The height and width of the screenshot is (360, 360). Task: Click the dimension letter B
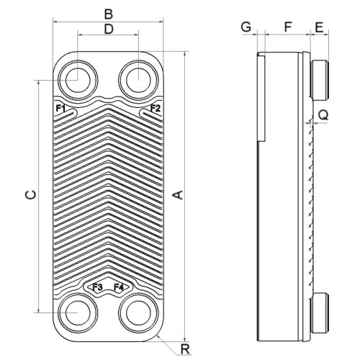coord(109,14)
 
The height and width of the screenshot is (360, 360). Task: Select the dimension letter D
coord(109,30)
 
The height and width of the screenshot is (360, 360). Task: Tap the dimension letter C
coord(31,195)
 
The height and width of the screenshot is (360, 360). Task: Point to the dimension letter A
coord(179,195)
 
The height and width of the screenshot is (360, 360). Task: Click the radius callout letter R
coord(185,349)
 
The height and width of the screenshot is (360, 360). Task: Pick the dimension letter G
coord(246,27)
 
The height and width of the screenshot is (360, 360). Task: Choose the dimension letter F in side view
coord(288,27)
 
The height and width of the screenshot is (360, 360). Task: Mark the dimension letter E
coord(319,27)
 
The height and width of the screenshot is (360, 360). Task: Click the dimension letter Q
coord(323,115)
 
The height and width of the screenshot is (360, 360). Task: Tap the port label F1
coord(60,109)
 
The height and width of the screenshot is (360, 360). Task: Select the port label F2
coord(155,109)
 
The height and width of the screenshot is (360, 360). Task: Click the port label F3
coord(98,287)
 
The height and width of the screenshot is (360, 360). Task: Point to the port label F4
coord(119,287)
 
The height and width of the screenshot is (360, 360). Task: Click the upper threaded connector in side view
coord(320,81)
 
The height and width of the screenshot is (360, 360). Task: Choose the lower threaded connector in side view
coord(320,313)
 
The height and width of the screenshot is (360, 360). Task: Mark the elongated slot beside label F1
coord(66,114)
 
